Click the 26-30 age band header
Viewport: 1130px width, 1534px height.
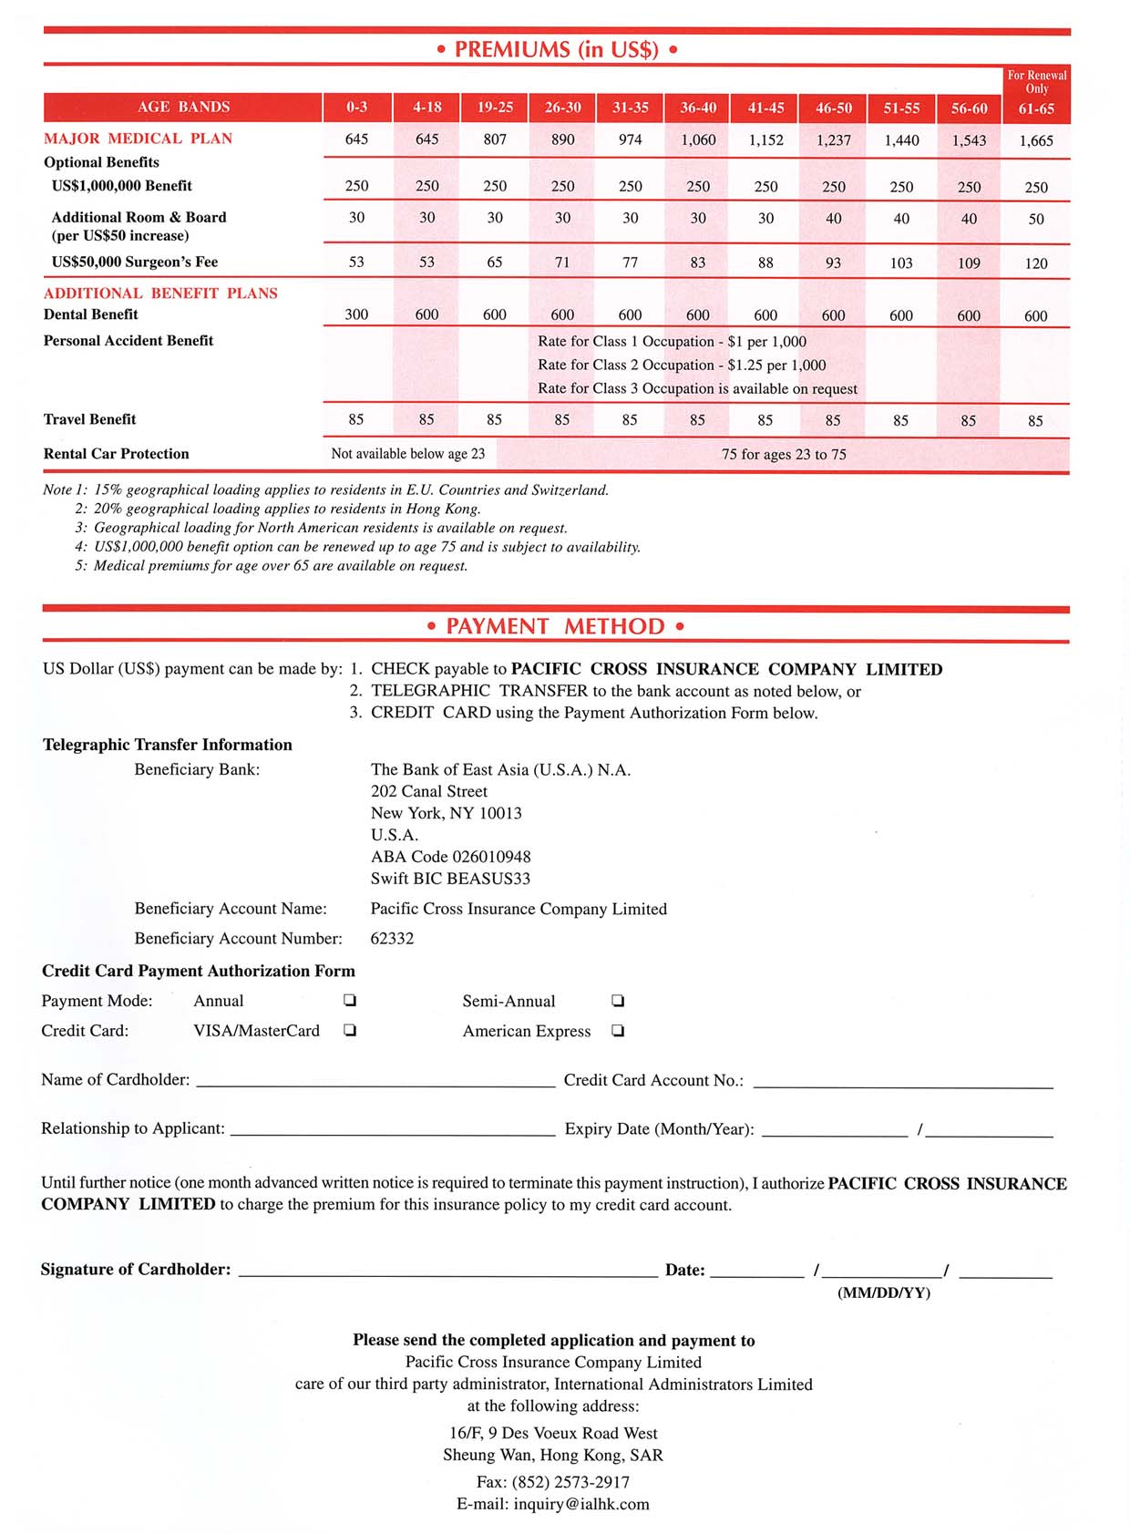[562, 108]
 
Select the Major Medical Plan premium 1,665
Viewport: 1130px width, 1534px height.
[1036, 141]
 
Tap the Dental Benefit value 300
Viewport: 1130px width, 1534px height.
[356, 314]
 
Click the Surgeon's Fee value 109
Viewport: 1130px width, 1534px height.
[969, 263]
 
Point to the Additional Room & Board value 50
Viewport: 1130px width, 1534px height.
[1036, 220]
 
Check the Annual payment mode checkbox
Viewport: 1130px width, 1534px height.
[350, 1001]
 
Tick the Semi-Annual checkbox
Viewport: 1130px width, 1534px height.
[618, 1001]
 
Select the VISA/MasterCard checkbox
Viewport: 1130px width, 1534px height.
[350, 1031]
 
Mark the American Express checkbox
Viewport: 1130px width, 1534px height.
[618, 1031]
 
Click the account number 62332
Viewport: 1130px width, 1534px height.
[392, 939]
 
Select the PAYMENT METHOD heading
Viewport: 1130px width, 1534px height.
[555, 627]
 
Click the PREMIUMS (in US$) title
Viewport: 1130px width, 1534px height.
[556, 50]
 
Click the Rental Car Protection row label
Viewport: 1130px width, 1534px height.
[116, 454]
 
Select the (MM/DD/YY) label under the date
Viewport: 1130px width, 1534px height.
[883, 1293]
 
